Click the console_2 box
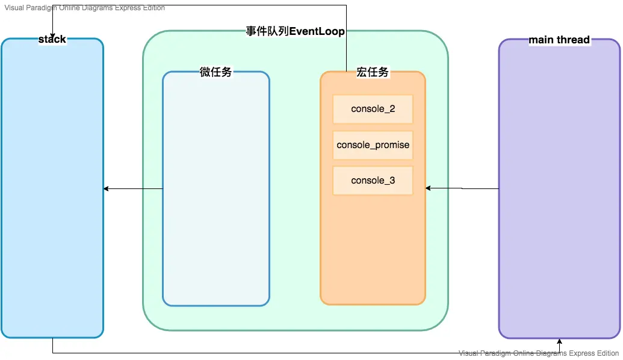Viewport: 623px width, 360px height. [x=373, y=109]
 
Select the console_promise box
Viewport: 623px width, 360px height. [x=373, y=145]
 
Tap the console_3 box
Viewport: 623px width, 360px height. [x=373, y=181]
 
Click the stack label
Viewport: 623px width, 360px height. [x=52, y=40]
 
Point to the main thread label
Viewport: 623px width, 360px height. [x=559, y=40]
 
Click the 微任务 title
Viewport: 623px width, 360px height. [x=215, y=72]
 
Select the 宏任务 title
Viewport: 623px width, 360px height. [x=373, y=72]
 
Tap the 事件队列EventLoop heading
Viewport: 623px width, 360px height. [x=295, y=31]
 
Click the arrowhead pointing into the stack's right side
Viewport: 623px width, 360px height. [x=107, y=189]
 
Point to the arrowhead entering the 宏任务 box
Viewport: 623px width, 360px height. [x=429, y=188]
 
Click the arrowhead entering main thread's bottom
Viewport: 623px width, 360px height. [x=559, y=341]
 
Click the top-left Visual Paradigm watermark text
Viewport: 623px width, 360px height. [x=84, y=8]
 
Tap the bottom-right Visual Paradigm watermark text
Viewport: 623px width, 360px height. [x=539, y=353]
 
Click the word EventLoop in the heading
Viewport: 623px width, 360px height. [x=317, y=31]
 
